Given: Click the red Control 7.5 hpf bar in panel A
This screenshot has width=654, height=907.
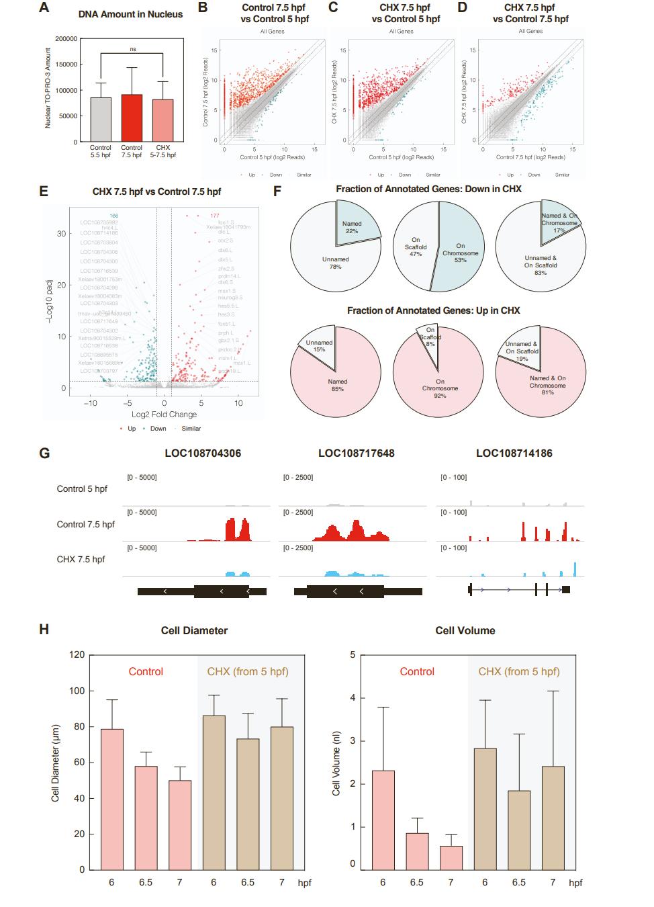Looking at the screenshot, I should coord(132,118).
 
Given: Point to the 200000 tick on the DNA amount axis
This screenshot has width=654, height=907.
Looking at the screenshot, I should coord(65,39).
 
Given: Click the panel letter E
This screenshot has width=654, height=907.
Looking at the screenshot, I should coord(44,191).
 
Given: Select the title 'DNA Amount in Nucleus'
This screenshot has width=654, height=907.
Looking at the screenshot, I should coord(130,14).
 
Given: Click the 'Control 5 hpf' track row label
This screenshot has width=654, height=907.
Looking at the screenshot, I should coord(82,488).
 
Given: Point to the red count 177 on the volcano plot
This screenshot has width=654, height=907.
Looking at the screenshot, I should coord(215,216).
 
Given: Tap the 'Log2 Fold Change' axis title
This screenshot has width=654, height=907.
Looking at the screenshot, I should coord(164,415).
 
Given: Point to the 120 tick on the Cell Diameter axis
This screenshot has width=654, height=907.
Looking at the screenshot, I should coord(78,654).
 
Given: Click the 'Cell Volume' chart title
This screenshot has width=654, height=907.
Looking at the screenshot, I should coord(465,630).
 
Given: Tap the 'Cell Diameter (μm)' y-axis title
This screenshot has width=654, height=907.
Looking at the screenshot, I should coord(55,762).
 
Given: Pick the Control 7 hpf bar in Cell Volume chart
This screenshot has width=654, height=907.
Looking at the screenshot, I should coord(451,857).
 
